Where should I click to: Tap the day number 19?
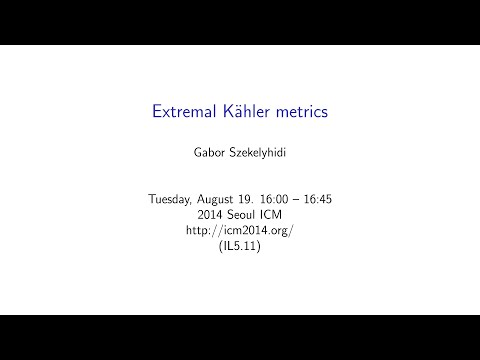click(253, 200)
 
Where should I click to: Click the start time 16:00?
click(281, 200)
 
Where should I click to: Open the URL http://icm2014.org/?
click(239, 230)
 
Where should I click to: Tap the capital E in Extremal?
click(157, 112)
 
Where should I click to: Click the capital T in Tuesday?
click(151, 200)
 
